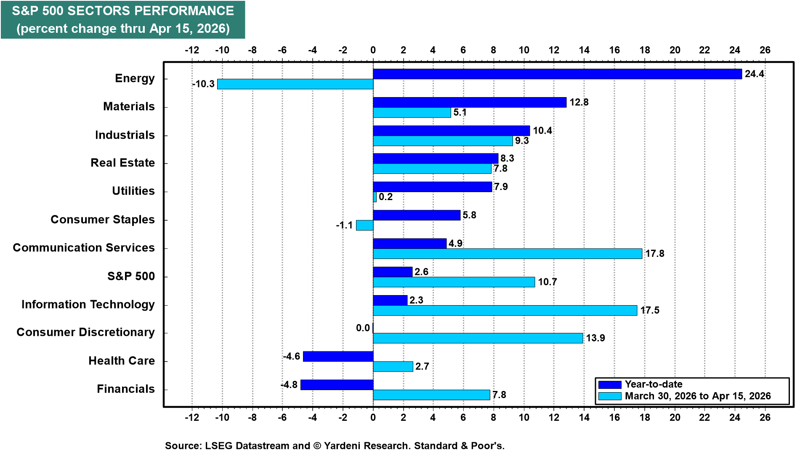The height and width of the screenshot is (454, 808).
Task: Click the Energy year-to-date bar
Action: point(557,74)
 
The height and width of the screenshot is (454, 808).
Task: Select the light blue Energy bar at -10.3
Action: point(295,84)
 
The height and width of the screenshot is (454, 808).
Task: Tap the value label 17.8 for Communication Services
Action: point(654,253)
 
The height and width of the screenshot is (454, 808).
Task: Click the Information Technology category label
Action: point(88,304)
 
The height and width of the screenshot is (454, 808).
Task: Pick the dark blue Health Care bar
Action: point(338,356)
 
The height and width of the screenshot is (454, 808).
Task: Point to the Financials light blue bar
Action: point(431,395)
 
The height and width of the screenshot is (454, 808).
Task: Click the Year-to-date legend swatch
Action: point(609,385)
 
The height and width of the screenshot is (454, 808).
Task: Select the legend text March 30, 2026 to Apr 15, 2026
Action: point(697,396)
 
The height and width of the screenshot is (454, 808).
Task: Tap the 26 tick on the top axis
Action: point(765,50)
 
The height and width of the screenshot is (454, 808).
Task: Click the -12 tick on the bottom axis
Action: point(192,417)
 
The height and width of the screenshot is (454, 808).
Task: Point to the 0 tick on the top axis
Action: point(373,50)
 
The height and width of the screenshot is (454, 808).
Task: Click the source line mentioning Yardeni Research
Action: point(335,446)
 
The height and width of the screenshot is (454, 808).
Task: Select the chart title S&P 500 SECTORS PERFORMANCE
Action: point(123,11)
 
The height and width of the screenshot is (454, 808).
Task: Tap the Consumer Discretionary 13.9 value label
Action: point(595,338)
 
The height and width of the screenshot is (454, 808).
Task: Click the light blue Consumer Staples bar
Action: point(364,225)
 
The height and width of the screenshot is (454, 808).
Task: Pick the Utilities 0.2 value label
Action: point(385,197)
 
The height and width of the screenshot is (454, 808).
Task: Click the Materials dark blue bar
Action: point(470,102)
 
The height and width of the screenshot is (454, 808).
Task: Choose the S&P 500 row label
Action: point(131,276)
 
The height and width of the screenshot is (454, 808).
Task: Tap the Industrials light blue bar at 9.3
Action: point(443,141)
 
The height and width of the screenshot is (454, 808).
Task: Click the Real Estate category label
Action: point(122,163)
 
